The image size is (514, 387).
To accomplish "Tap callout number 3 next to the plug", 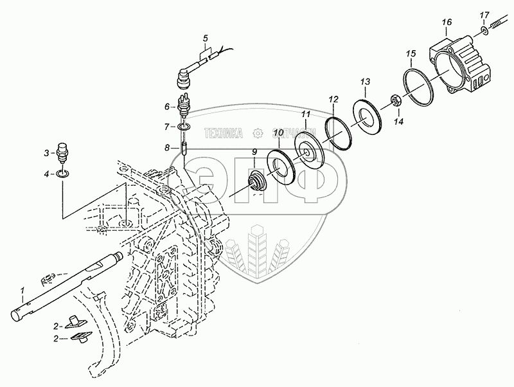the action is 46,153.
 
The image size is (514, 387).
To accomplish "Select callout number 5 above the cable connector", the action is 205,36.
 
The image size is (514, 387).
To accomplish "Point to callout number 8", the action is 167,148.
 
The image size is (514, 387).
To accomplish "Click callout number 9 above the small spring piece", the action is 254,152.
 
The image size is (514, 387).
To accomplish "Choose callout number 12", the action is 333,100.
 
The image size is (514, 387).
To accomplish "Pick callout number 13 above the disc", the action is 364,82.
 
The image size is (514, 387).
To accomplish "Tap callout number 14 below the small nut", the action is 398,121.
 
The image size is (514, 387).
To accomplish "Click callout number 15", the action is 411,52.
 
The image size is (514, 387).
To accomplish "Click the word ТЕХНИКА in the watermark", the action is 223,133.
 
